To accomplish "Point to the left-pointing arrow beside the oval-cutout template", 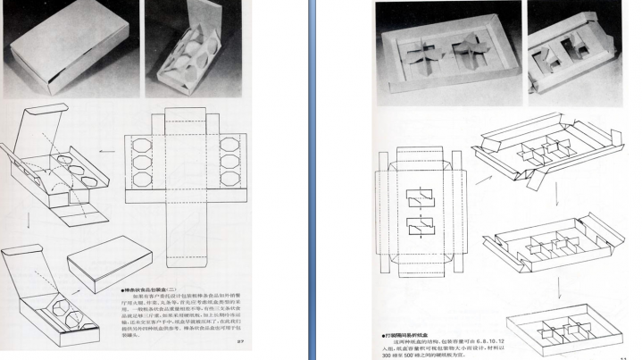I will pos(108,151).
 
